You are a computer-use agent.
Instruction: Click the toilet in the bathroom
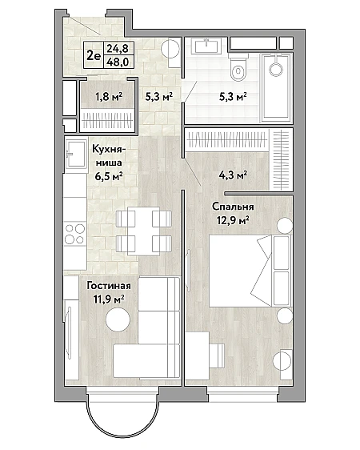coord(238,66)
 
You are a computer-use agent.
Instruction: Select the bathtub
coord(276,87)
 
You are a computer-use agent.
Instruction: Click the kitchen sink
coord(76,154)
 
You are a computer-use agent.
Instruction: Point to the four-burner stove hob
coord(75,234)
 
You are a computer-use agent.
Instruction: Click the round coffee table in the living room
coord(118,319)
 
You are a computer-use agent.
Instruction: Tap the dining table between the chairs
coord(143,231)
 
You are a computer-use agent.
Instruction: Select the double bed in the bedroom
coord(250,271)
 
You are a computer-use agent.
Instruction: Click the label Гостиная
coord(109,286)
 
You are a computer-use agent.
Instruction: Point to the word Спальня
coord(233,207)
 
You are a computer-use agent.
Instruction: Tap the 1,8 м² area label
coord(109,97)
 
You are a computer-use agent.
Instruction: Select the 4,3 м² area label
coord(233,175)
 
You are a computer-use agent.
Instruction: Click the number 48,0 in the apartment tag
coord(118,62)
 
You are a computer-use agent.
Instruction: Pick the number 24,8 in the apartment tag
coord(118,48)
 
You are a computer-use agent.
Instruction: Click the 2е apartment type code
coord(94,55)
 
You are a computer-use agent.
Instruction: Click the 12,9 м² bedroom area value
coord(233,221)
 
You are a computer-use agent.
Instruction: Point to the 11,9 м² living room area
coord(109,299)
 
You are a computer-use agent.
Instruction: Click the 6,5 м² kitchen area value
coord(109,176)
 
